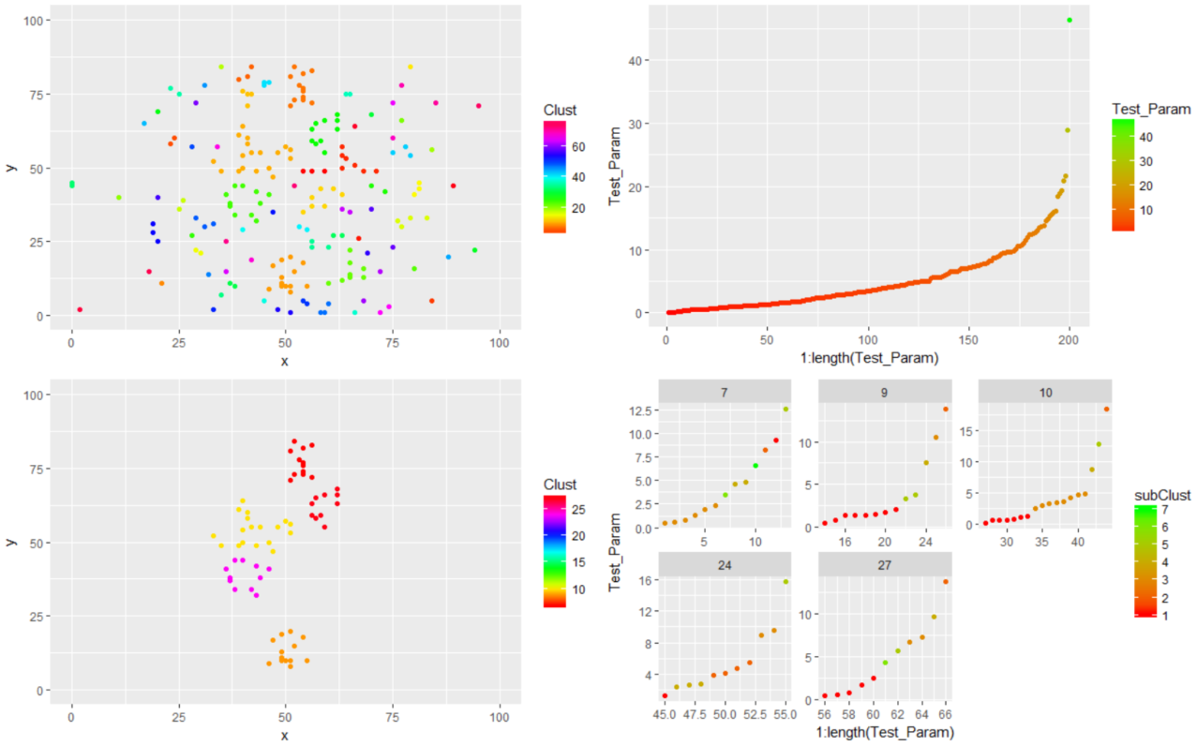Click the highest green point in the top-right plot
click(x=1070, y=21)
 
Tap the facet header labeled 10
click(x=1045, y=392)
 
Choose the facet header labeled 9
click(x=885, y=392)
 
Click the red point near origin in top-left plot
click(x=80, y=309)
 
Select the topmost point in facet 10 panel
click(x=1107, y=409)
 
